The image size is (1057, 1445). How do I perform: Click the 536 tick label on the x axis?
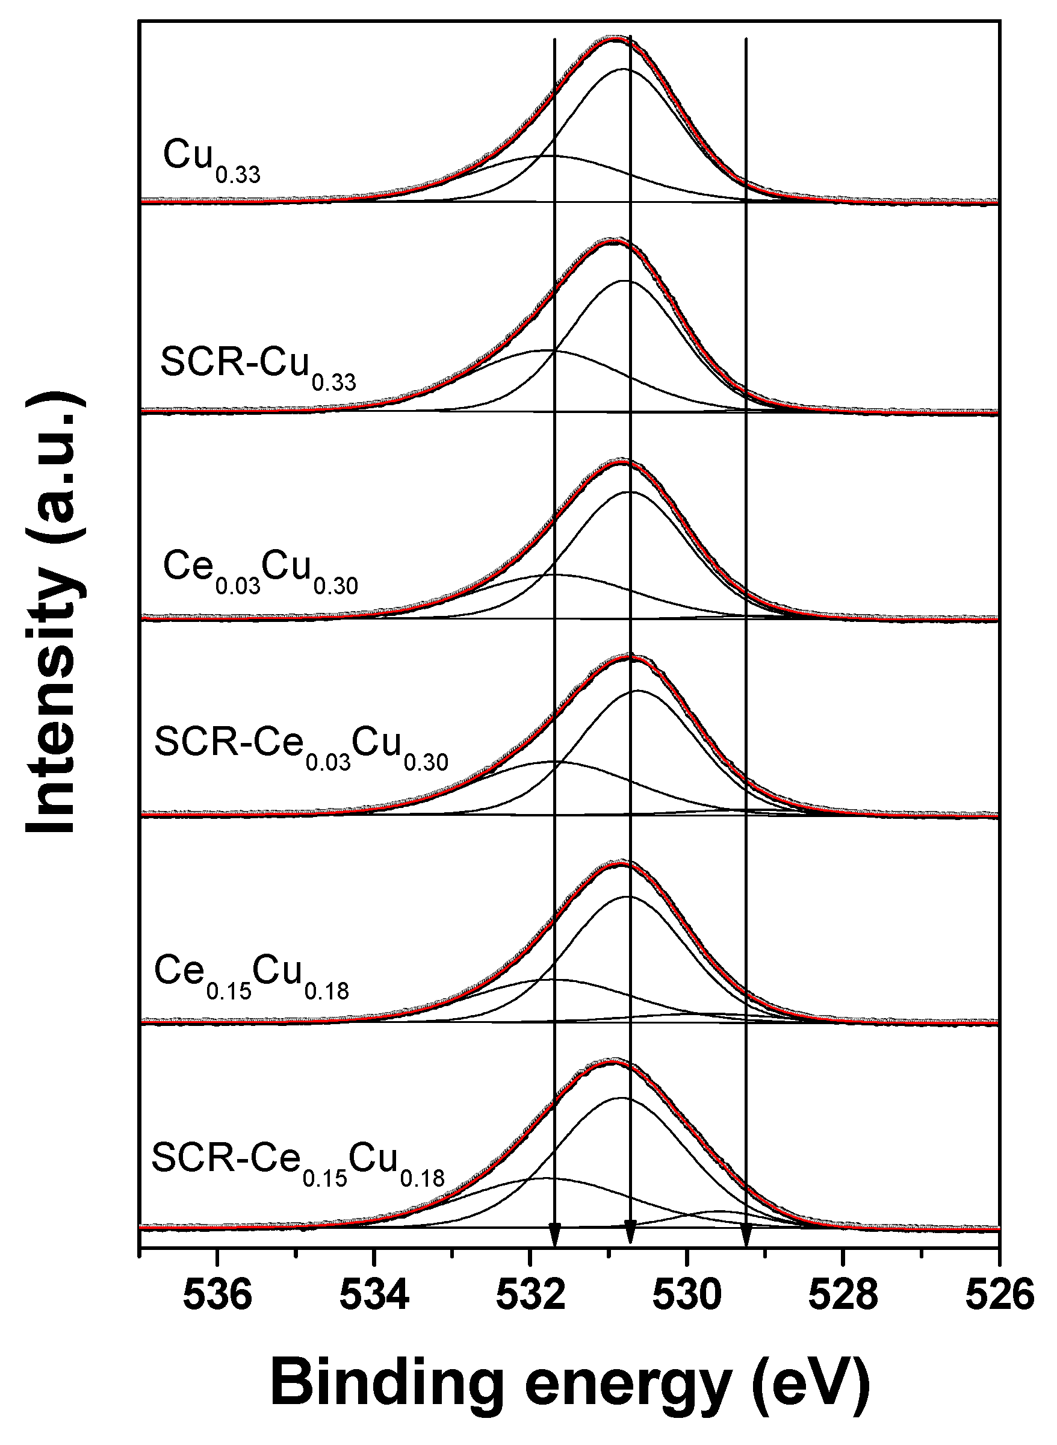[x=217, y=1296]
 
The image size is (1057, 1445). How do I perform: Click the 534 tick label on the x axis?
[x=374, y=1296]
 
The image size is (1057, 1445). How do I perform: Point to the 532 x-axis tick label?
[x=530, y=1296]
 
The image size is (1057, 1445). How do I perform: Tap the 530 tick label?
[x=687, y=1296]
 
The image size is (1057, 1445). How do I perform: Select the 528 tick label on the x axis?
[x=843, y=1296]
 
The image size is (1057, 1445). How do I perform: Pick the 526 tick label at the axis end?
[x=999, y=1296]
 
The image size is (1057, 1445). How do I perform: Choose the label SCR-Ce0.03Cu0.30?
[x=301, y=749]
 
